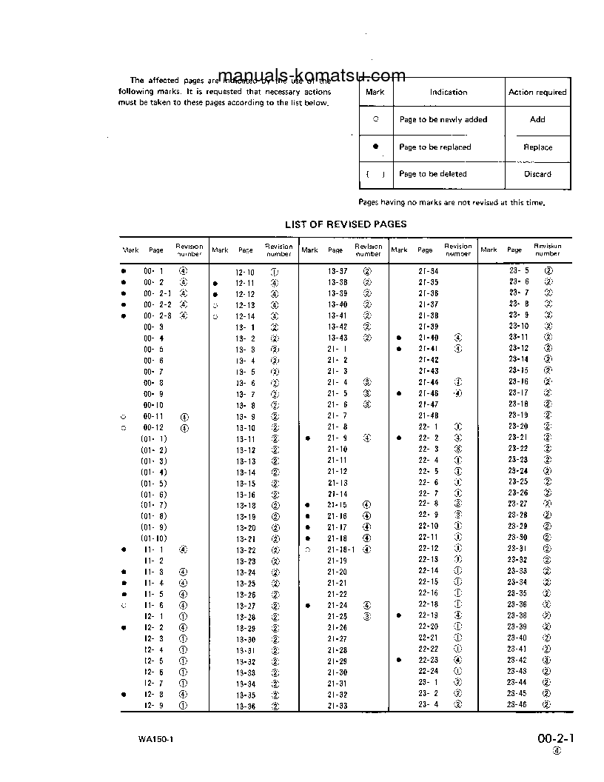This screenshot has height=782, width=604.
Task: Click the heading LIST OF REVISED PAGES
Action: (x=346, y=224)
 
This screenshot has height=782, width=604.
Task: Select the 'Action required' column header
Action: (x=537, y=93)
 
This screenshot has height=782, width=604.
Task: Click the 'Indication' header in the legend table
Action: (x=449, y=93)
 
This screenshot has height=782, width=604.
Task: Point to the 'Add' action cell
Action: (x=537, y=119)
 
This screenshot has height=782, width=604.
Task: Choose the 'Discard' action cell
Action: (x=537, y=175)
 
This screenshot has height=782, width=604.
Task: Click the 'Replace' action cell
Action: (x=537, y=147)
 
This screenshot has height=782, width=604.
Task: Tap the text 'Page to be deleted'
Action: (x=433, y=175)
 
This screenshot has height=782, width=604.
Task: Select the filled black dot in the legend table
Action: (x=375, y=147)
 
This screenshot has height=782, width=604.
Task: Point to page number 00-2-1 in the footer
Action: (x=556, y=738)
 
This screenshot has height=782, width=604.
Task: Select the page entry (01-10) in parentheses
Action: (x=154, y=538)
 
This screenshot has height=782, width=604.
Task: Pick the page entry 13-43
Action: (x=338, y=338)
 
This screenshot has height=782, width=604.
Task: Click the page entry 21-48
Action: (x=428, y=416)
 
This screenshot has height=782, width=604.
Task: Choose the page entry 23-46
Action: (x=517, y=705)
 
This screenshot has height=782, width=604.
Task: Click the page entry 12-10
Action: (x=245, y=272)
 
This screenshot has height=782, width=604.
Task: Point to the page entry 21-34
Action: (x=428, y=272)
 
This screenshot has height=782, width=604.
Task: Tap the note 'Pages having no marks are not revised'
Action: (x=453, y=202)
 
